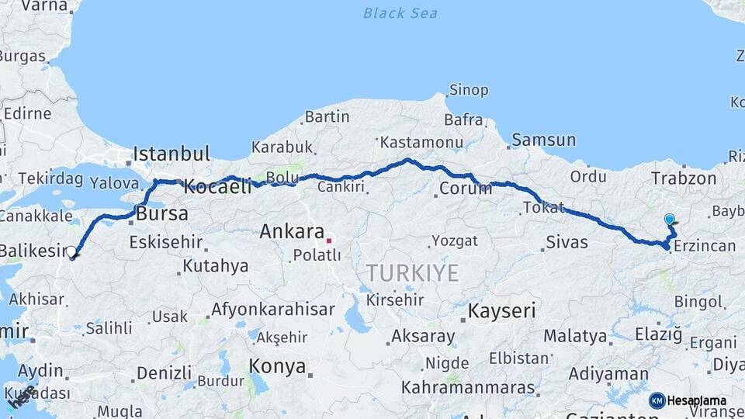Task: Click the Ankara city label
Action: (291, 231)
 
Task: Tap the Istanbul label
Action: (172, 153)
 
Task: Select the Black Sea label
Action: (400, 13)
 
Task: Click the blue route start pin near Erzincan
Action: (669, 220)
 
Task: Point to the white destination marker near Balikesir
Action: (71, 251)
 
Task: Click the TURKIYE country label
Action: (412, 273)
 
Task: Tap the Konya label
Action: (277, 367)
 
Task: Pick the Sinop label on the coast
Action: (469, 90)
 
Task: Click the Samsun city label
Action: (543, 140)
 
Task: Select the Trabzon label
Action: (684, 178)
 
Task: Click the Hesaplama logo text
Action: (696, 400)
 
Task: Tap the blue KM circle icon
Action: (657, 400)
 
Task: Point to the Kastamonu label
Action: (421, 142)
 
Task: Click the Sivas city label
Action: (567, 242)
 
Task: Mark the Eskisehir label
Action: (165, 242)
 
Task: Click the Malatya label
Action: (574, 336)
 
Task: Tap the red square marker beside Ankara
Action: (328, 241)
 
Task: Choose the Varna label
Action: (43, 6)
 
